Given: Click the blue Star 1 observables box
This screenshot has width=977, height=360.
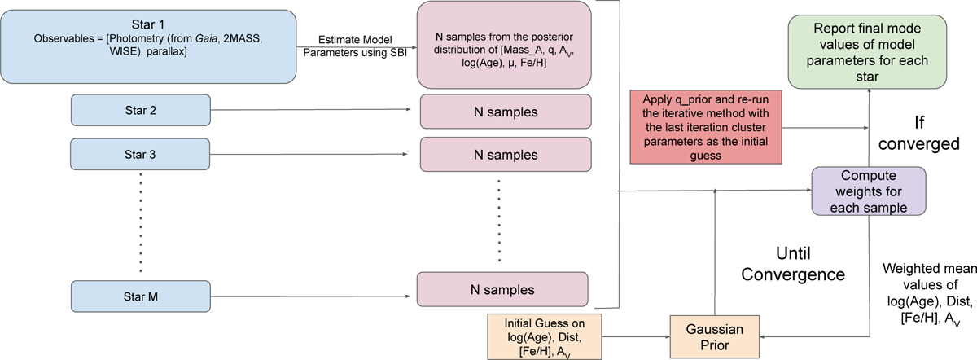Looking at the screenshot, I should point(148,46).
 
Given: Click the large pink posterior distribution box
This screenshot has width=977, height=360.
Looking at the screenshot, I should point(503,44).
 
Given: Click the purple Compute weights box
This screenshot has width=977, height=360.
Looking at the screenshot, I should point(869,191).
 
